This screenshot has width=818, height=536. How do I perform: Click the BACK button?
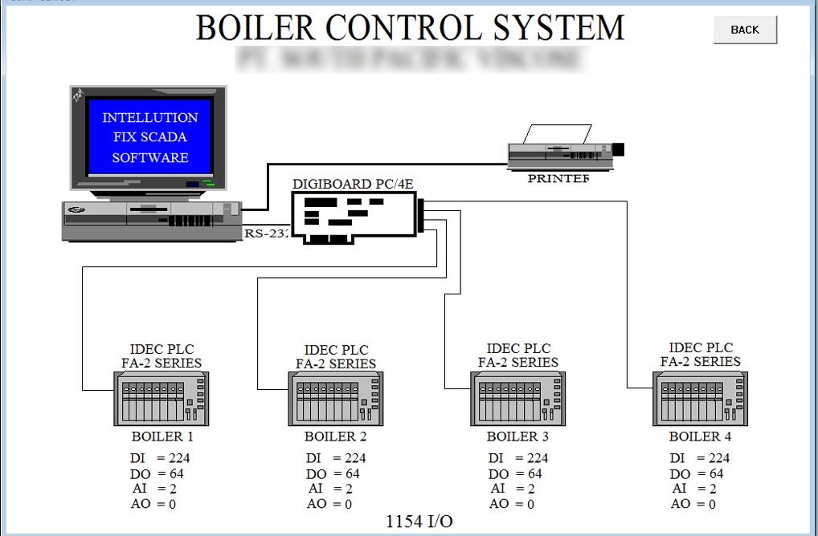745,30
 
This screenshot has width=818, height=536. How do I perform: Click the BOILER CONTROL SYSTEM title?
410,27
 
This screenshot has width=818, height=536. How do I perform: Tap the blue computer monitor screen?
149,137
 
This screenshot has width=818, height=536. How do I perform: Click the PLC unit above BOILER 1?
162,399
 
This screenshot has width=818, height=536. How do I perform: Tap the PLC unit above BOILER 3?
517,399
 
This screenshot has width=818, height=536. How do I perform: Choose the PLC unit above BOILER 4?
700,399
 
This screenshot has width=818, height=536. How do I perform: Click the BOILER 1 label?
162,437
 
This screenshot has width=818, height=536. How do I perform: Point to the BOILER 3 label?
517,437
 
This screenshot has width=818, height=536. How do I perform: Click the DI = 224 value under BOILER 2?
335,458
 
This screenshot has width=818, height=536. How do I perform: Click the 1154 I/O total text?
419,522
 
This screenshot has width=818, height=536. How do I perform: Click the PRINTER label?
558,178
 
